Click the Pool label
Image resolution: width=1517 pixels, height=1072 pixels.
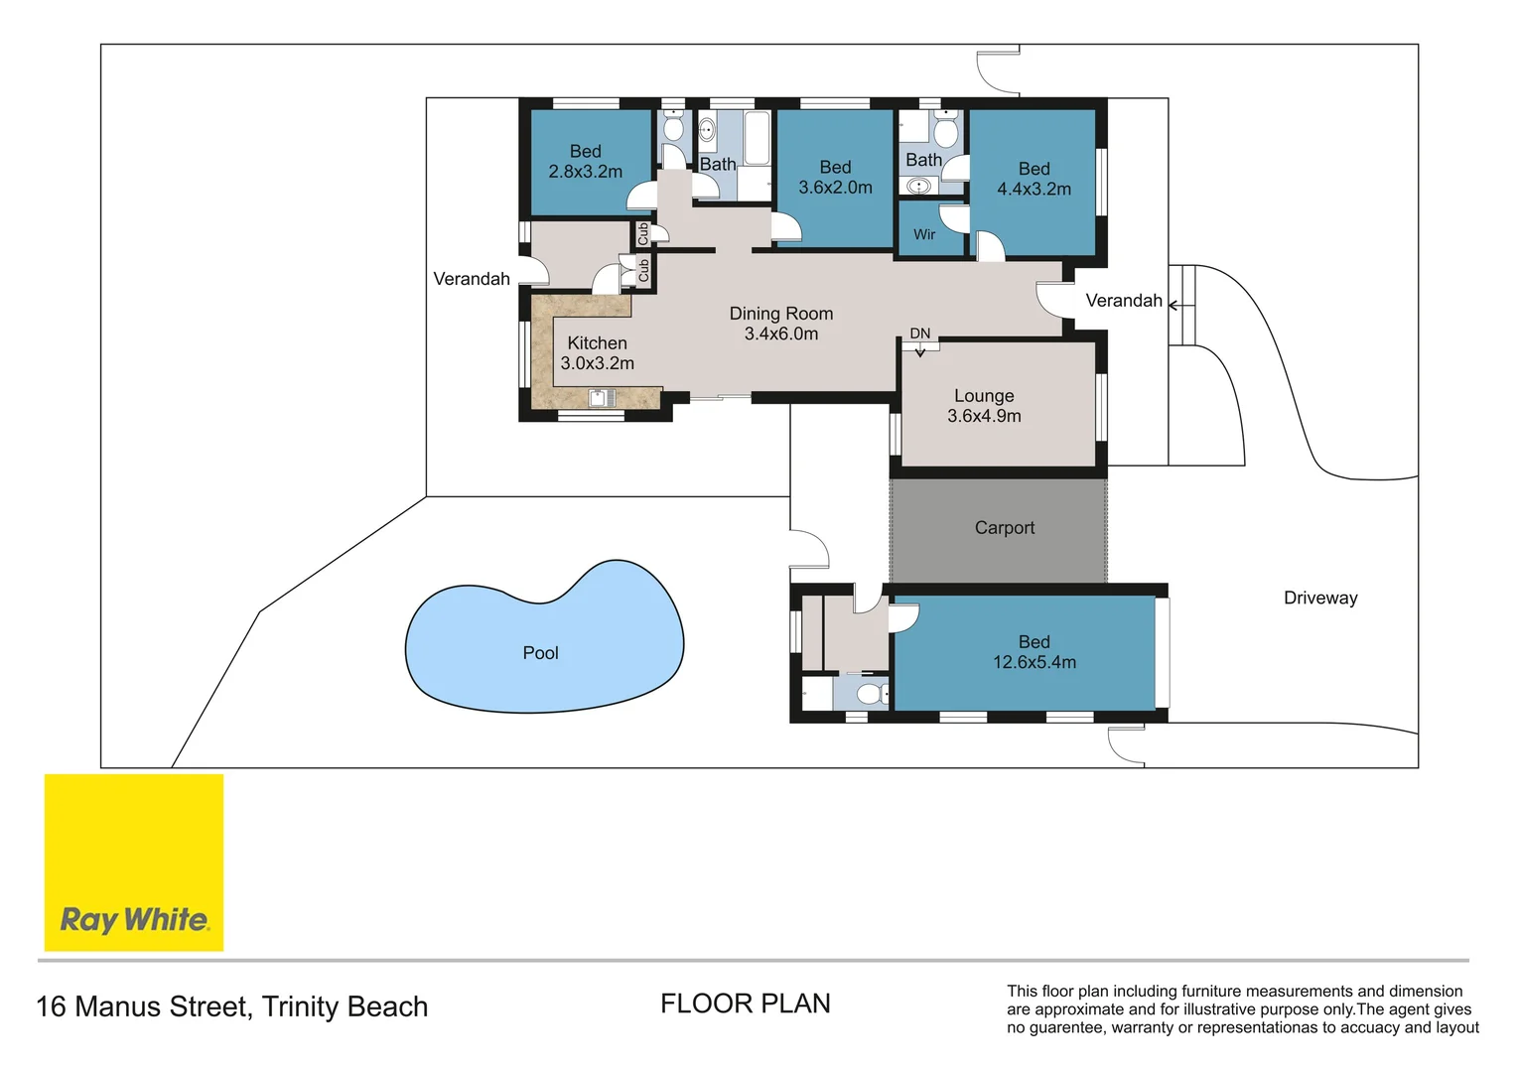point(540,653)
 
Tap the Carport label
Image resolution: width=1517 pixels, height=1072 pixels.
point(1005,527)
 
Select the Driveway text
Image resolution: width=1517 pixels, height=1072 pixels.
point(1320,598)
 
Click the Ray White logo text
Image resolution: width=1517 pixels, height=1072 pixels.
point(135,920)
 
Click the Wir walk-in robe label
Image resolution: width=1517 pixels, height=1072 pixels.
point(924,234)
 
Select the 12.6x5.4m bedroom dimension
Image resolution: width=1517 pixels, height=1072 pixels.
point(1034,662)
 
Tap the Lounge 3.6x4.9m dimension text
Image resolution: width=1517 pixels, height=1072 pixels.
point(984,416)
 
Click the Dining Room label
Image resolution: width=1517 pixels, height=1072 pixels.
point(781,314)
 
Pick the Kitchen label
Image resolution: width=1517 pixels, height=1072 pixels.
point(598,342)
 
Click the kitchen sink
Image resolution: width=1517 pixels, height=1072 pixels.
point(602,397)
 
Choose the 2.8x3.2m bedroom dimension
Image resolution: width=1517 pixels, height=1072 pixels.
point(585,172)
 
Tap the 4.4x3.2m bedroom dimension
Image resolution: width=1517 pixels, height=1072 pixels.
point(1034,189)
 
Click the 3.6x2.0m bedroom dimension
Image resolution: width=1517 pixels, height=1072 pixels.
point(835,188)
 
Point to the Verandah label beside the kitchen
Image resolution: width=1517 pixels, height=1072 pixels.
point(472,279)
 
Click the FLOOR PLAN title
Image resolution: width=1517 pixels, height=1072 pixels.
point(745,1004)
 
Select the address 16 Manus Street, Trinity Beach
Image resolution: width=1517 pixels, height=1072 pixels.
point(231,1007)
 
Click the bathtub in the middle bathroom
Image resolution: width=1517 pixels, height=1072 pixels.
point(757,138)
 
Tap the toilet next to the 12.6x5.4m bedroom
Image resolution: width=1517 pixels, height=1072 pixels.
point(873,694)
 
